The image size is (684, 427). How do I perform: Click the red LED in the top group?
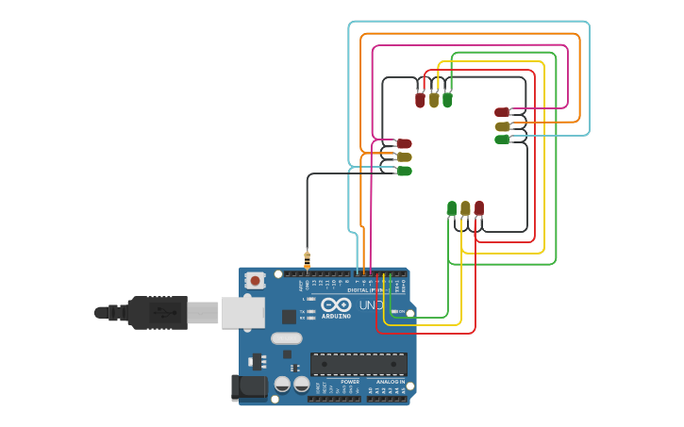click(420, 99)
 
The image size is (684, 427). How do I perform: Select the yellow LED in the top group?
click(434, 99)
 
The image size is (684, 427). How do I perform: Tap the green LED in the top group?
click(447, 99)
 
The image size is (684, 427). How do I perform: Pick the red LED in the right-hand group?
click(502, 112)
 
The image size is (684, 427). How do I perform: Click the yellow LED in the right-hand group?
click(502, 126)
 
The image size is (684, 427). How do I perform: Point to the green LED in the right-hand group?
click(502, 140)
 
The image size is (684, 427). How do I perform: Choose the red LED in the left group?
click(404, 143)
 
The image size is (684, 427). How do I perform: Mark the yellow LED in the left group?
click(404, 157)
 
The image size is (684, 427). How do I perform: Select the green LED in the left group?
click(404, 171)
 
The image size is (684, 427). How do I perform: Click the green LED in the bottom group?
click(452, 208)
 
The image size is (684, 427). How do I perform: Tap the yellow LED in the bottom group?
click(465, 208)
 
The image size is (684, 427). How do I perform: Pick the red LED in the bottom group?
click(479, 208)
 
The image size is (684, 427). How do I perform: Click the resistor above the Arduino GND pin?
click(307, 258)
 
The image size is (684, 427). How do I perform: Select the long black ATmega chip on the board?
click(359, 364)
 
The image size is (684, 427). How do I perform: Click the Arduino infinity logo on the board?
click(336, 305)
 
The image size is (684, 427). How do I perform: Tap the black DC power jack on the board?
click(247, 387)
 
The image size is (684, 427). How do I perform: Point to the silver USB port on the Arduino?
click(242, 312)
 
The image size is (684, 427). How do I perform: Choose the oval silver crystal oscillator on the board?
click(286, 338)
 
